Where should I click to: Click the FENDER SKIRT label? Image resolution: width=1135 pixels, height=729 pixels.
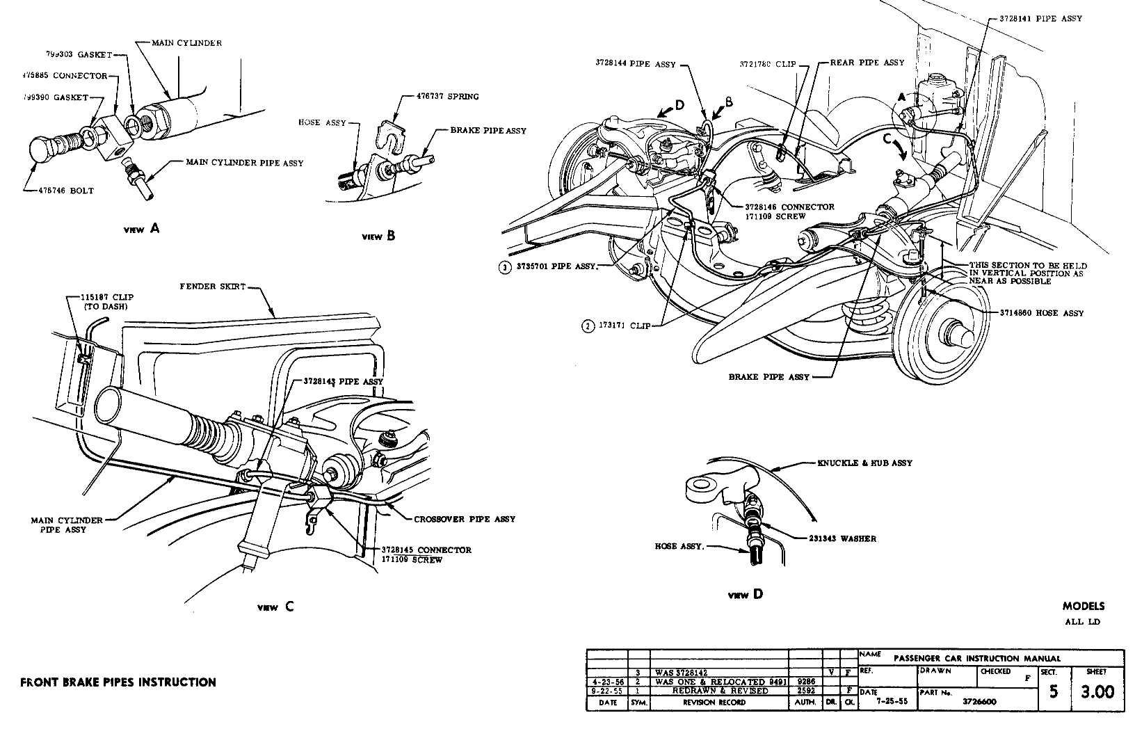coord(212,287)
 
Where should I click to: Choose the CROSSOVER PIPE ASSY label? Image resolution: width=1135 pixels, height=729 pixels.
coord(465,519)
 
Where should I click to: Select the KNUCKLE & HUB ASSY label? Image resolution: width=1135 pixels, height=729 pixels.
coord(866,463)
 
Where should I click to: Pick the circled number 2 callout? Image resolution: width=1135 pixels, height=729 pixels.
coord(588,325)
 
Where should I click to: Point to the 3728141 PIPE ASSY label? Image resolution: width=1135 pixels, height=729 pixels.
coord(1040,19)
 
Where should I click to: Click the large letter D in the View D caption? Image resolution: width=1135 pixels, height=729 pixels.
coord(757,594)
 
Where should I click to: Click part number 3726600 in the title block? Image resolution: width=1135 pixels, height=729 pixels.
coord(979,701)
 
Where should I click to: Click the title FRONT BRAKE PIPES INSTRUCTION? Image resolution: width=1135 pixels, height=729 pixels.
coord(118,682)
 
